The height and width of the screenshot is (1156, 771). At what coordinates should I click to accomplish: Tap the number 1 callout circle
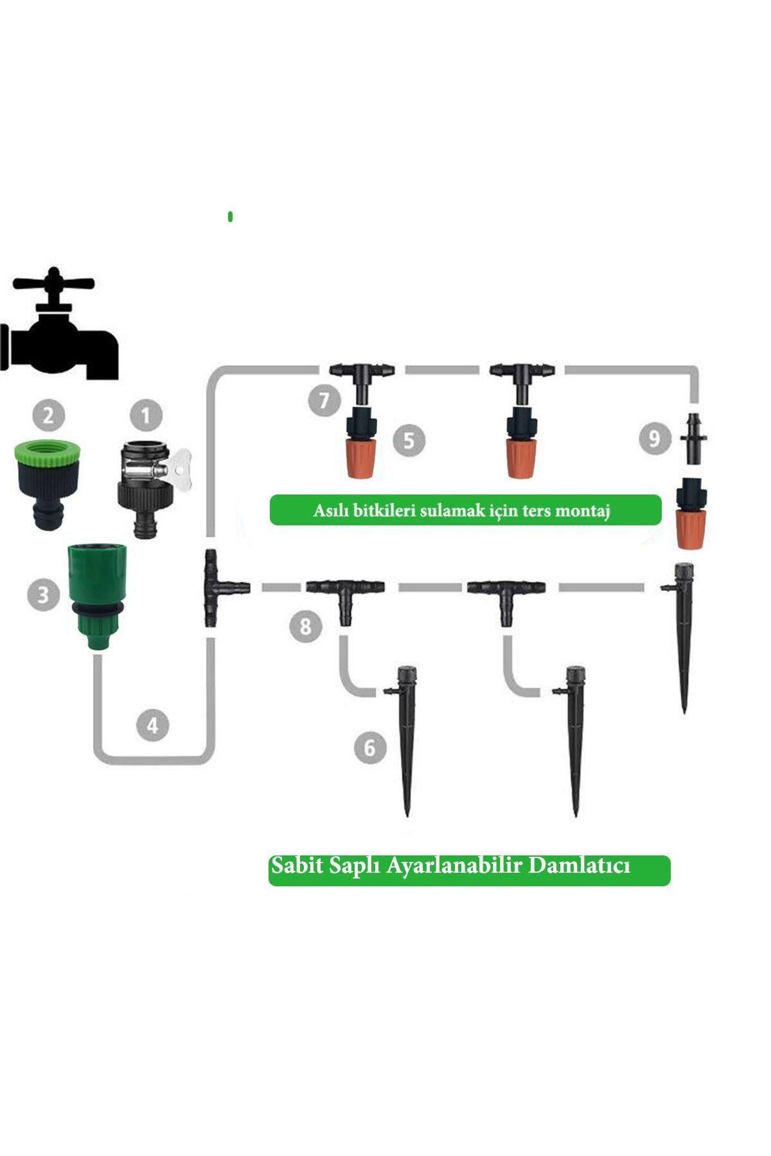point(146,416)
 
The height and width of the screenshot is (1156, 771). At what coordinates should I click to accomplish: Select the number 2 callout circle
point(48,416)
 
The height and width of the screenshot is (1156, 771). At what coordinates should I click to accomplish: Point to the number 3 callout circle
point(43,593)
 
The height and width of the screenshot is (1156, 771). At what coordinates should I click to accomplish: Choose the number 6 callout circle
point(370,747)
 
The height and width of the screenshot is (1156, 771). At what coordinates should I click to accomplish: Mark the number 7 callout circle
point(324,399)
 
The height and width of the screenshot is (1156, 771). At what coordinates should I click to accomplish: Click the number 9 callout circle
point(655,439)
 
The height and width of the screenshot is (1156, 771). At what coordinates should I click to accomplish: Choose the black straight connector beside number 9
point(694,440)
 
